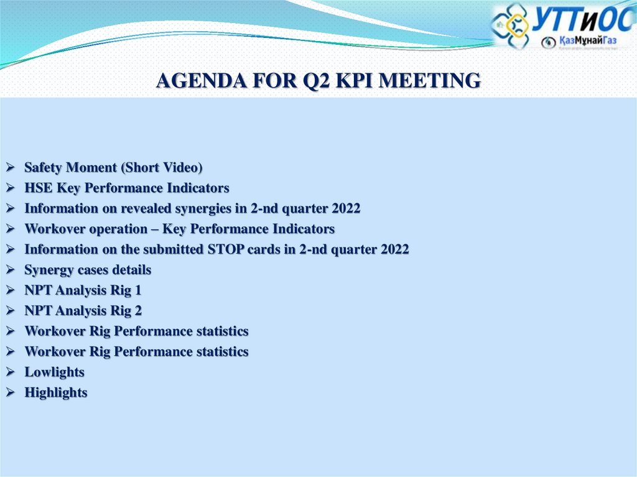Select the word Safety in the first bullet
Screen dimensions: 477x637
pyautogui.click(x=44, y=167)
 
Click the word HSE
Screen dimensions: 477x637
pyautogui.click(x=37, y=188)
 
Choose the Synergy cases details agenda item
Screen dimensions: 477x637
pyautogui.click(x=88, y=270)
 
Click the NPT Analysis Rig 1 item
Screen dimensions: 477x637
pyautogui.click(x=83, y=290)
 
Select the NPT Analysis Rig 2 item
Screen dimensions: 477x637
pyautogui.click(x=83, y=311)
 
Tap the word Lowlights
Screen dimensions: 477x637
pyautogui.click(x=54, y=372)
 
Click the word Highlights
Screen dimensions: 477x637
pyautogui.click(x=56, y=392)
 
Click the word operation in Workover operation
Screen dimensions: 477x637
pyautogui.click(x=118, y=229)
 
